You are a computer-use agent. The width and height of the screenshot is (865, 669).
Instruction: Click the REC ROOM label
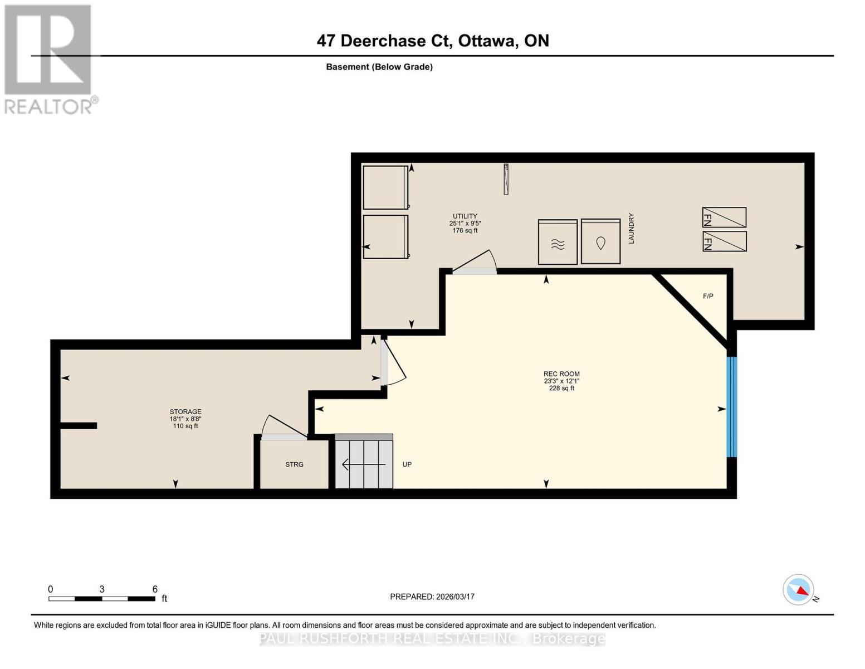[x=561, y=374]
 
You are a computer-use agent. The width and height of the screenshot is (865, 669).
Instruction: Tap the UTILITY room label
[x=465, y=216]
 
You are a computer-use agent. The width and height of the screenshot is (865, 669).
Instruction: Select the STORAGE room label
[x=185, y=412]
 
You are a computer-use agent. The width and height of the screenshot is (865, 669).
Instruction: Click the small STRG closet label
[x=294, y=464]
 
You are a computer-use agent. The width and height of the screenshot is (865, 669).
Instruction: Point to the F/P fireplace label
[x=708, y=296]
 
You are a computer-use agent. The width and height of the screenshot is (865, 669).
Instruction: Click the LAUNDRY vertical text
[x=631, y=228]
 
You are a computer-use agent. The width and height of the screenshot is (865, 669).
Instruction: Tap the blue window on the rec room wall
[x=732, y=406]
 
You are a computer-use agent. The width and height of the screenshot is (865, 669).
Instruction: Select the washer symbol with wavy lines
[x=558, y=242]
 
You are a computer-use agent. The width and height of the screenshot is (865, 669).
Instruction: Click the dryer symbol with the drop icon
[x=600, y=241]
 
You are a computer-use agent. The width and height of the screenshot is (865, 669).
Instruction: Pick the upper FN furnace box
[x=724, y=217]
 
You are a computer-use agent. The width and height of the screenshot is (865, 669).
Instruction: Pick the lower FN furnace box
[x=724, y=241]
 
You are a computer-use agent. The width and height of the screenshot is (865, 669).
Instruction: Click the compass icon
[x=799, y=590]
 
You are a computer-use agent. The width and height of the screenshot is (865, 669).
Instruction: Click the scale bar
[x=102, y=599]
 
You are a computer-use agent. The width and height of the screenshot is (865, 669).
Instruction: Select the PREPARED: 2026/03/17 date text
[x=432, y=597]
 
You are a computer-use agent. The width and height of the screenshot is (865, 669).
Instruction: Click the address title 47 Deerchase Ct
[x=433, y=41]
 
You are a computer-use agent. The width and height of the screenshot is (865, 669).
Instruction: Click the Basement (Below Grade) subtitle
[x=379, y=67]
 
